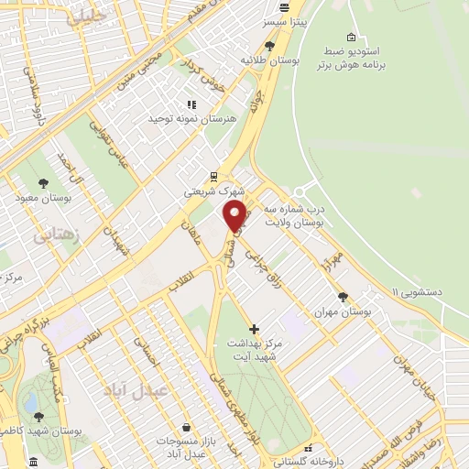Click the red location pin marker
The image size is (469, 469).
point(235,216)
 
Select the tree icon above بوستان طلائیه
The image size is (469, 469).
point(269,45)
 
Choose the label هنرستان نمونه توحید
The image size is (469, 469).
point(191,119)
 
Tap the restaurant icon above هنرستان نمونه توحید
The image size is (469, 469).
point(191,104)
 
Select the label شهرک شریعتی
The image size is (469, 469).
point(212,191)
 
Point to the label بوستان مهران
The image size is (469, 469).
point(342,311)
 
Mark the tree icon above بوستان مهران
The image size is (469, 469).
point(343,296)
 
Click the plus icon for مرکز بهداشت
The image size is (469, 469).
point(254,328)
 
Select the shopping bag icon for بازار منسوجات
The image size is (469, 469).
point(187,426)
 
